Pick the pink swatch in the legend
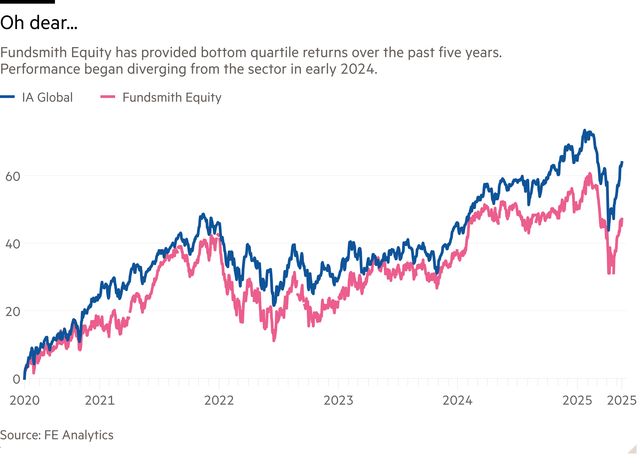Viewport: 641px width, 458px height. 108,97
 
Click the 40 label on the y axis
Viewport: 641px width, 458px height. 13,244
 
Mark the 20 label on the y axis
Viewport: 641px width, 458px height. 13,312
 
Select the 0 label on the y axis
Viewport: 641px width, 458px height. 16,379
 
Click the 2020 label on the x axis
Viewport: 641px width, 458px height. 25,400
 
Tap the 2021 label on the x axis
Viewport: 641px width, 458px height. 100,400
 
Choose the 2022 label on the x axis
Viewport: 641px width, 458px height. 219,400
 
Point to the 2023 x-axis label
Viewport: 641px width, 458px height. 338,400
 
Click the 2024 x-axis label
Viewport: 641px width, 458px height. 458,400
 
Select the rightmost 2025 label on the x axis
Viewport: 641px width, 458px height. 622,400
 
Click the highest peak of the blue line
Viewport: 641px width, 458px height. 584,130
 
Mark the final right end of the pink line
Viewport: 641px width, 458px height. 622,219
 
